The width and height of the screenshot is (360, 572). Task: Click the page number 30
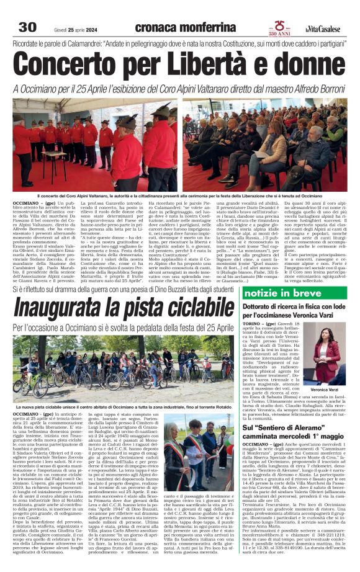[x=28, y=27]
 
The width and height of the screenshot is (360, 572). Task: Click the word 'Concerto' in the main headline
[x=79, y=64]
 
